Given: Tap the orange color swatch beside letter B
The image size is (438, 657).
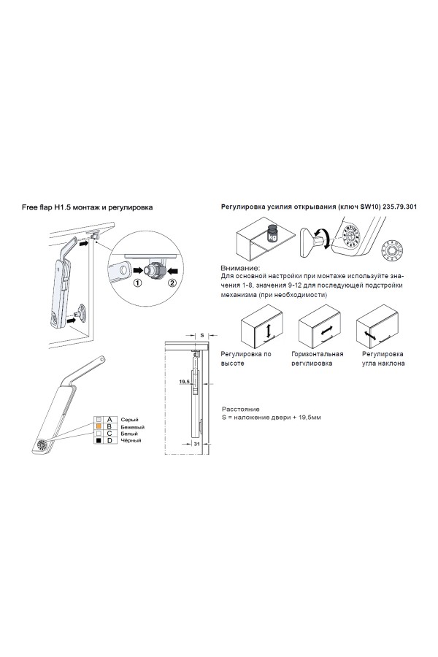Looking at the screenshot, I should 97,426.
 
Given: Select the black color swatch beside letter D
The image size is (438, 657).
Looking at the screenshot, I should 97,441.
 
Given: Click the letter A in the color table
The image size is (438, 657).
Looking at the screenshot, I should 109,420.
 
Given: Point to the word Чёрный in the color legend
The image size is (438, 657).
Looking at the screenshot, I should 131,441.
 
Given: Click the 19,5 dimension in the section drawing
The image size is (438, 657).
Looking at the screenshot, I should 183,381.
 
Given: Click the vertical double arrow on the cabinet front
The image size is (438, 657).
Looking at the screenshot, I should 269,331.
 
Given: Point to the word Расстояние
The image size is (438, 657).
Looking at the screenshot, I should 239,410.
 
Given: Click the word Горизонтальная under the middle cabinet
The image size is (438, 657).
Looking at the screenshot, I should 318,353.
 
